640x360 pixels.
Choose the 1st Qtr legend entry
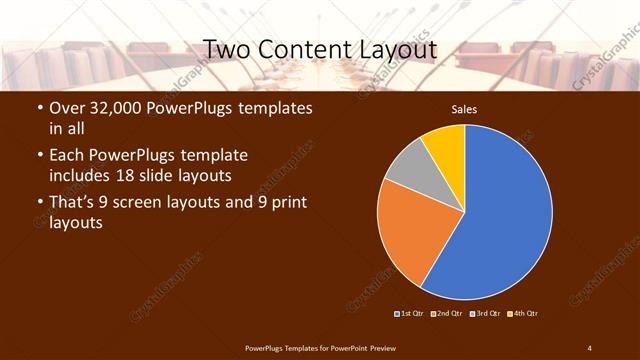(410, 314)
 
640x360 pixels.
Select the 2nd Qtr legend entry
(447, 314)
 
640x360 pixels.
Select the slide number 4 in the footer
(589, 347)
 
